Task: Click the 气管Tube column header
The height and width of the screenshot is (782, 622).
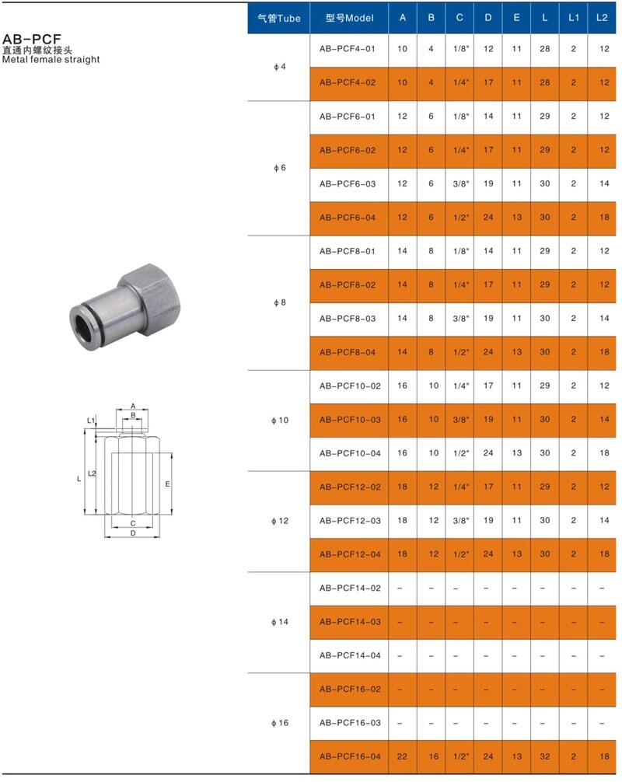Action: click(279, 19)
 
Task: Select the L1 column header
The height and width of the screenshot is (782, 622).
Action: click(574, 18)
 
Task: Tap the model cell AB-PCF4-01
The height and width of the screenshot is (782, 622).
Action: click(348, 49)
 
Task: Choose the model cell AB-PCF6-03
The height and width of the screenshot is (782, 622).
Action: click(348, 184)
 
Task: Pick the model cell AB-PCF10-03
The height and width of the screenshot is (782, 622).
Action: click(350, 420)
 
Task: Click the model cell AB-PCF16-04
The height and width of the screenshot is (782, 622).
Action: click(350, 756)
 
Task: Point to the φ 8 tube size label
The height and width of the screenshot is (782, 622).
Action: click(279, 302)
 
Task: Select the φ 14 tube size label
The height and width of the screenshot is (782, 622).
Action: click(279, 622)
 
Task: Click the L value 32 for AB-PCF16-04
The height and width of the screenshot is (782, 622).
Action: click(545, 756)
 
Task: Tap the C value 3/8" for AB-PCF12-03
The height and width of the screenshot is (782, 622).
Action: click(461, 521)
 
